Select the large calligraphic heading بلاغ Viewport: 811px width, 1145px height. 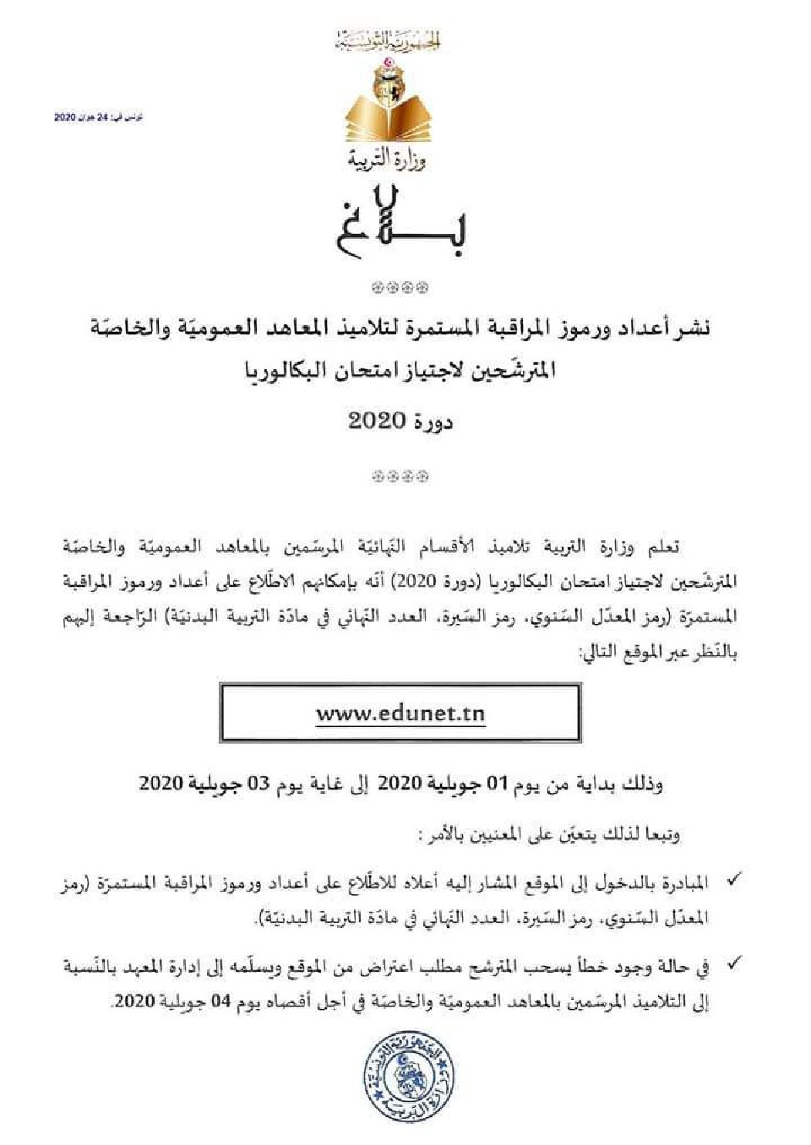[401, 221]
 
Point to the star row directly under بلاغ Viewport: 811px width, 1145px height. [401, 288]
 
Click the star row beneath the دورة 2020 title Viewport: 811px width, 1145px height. [401, 476]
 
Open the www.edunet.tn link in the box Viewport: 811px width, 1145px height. [400, 714]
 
